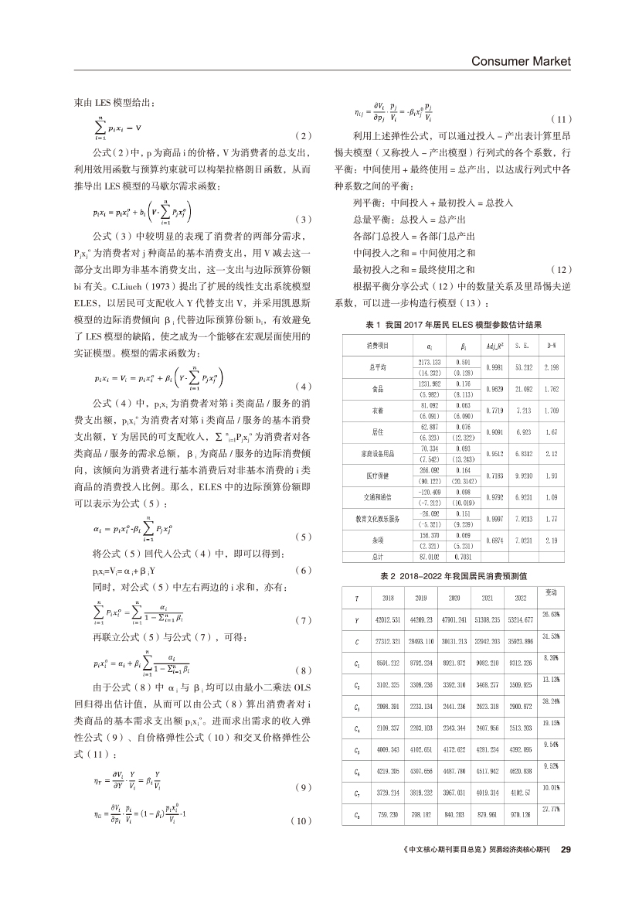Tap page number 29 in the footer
pos(565,849)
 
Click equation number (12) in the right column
pos(560,269)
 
